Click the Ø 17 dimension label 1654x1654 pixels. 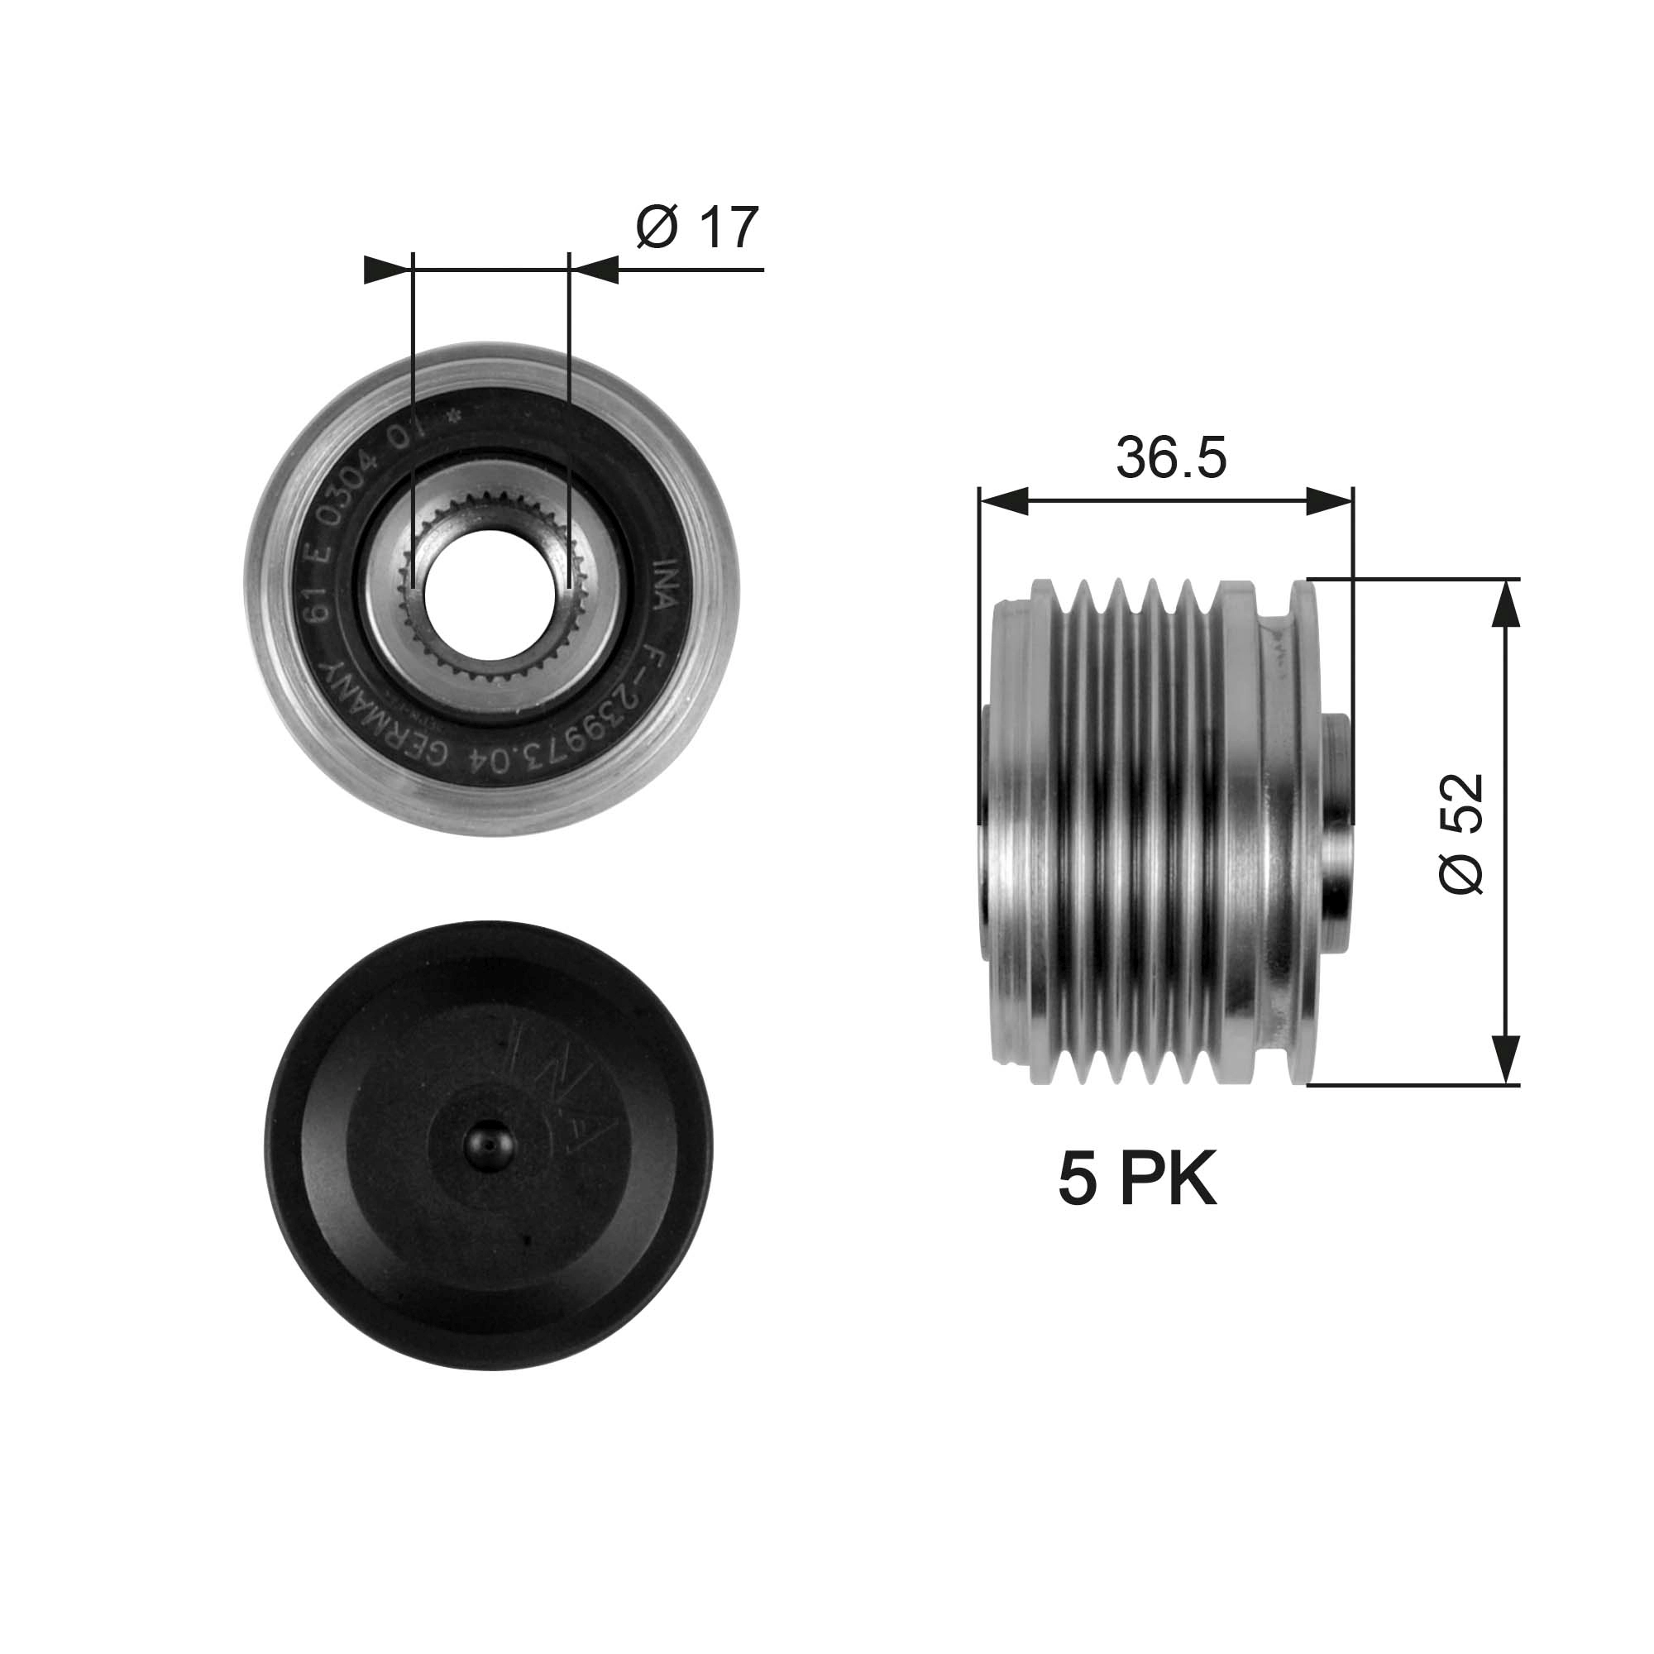click(x=698, y=227)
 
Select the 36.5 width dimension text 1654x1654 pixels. click(x=1170, y=458)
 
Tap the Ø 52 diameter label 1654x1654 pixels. click(x=1461, y=833)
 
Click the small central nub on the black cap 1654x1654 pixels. click(x=489, y=1145)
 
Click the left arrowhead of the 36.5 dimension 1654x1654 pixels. click(x=1003, y=502)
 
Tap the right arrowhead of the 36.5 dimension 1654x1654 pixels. click(x=1330, y=502)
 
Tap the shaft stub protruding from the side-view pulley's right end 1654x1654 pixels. click(x=1337, y=830)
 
